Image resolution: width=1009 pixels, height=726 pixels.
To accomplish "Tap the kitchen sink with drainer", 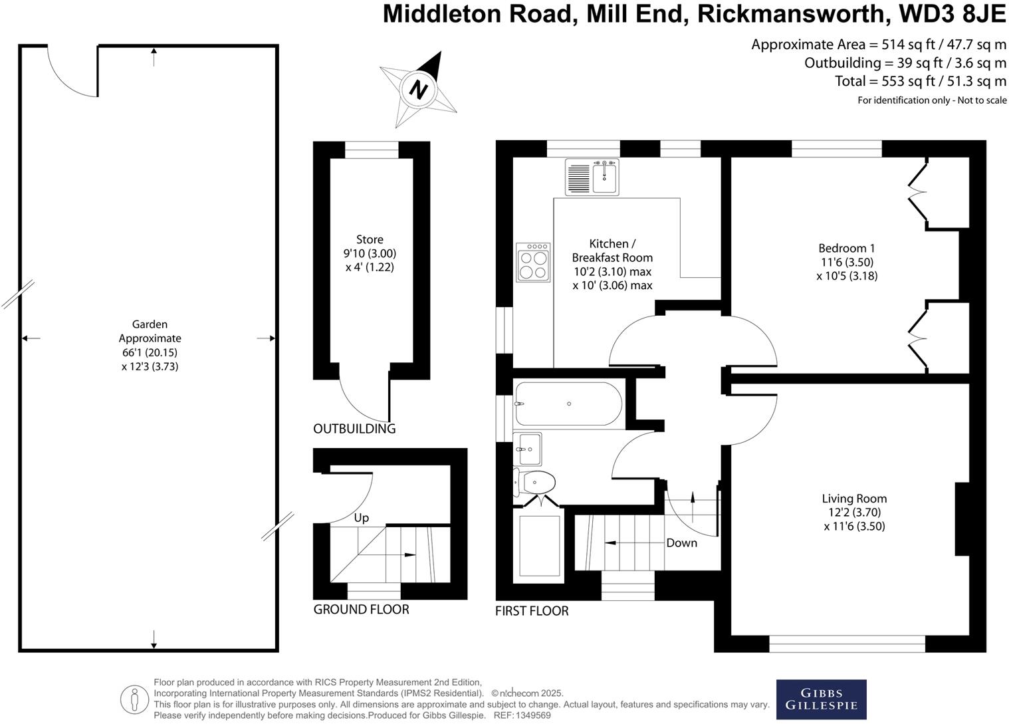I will tap(592, 177).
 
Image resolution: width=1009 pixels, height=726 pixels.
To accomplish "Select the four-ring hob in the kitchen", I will tap(533, 263).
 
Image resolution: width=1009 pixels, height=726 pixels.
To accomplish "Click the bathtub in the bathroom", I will tap(568, 404).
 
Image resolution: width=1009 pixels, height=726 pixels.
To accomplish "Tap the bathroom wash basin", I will tap(529, 449).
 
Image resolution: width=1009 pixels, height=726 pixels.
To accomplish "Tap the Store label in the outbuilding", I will tap(370, 239).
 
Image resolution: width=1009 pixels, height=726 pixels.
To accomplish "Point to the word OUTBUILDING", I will tap(354, 429).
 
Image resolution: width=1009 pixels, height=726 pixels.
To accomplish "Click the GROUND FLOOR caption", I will tap(361, 609).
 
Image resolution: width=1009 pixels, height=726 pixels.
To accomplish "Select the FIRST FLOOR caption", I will tap(532, 610).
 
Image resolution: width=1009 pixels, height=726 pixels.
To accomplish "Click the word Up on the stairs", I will tap(361, 517).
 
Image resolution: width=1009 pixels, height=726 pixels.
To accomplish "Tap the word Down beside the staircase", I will tap(681, 543).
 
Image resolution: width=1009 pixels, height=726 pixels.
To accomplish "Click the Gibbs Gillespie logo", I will tap(821, 699).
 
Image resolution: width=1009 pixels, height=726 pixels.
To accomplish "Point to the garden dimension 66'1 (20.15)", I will tap(150, 352).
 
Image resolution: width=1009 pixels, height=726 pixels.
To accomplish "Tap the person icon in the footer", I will tap(134, 699).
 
